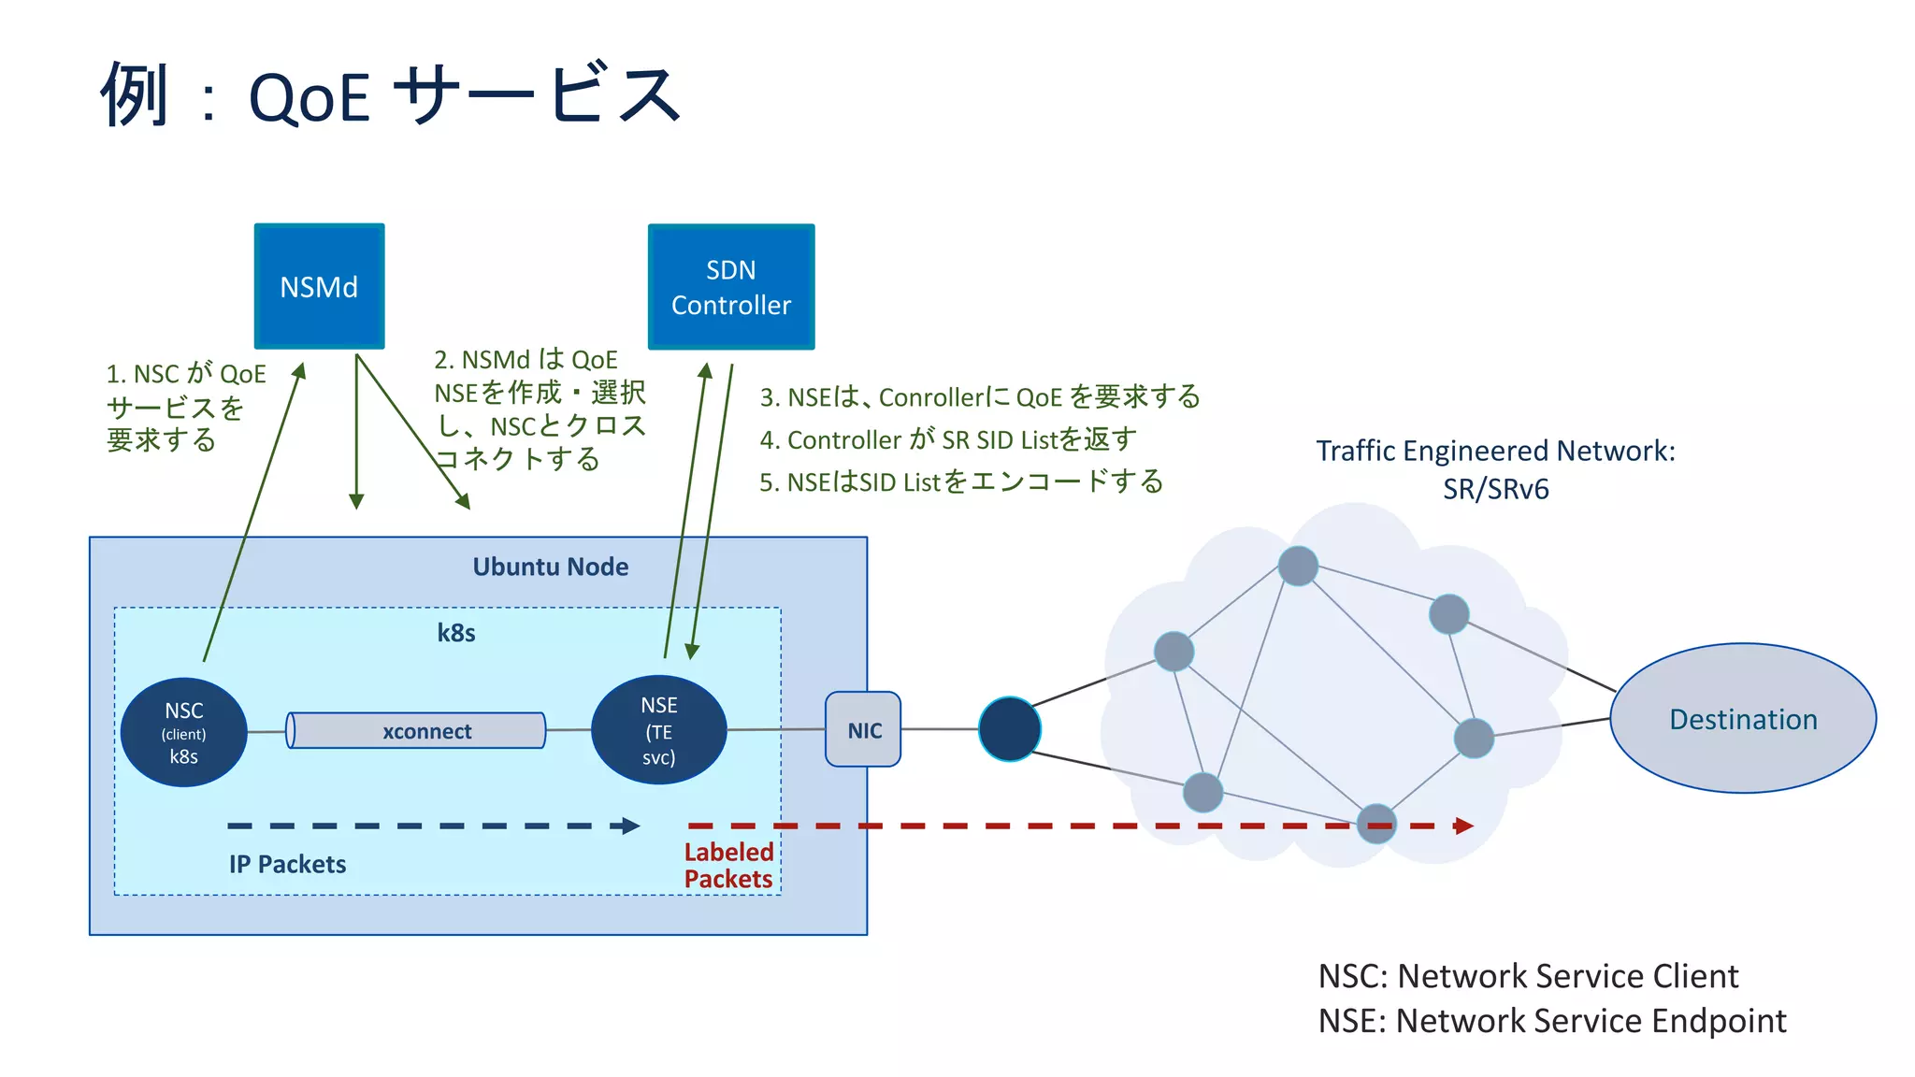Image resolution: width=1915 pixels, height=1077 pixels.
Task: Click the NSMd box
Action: click(319, 286)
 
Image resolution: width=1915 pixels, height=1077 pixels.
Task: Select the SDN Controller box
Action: click(730, 287)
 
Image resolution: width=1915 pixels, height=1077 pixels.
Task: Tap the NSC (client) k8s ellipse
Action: click(184, 732)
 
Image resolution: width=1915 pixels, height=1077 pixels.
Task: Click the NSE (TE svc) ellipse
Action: click(659, 730)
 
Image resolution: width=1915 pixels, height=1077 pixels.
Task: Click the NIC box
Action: click(863, 730)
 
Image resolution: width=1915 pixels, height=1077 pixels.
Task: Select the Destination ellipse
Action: click(1742, 718)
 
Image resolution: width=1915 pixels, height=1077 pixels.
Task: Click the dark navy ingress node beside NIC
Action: click(1009, 728)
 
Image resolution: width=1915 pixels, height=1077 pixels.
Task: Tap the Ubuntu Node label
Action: click(550, 567)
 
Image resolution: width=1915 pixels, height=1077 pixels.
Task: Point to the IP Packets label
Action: click(287, 864)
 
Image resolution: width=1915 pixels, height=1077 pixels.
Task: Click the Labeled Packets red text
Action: click(728, 865)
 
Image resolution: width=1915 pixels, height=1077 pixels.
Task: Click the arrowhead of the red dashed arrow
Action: click(1464, 826)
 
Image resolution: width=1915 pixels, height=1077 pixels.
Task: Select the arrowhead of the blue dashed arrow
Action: click(631, 826)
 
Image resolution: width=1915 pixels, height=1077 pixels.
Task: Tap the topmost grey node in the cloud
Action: click(1298, 566)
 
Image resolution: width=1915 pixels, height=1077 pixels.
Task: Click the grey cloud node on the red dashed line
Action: click(1376, 823)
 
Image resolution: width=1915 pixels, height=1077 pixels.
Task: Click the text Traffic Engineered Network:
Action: click(1495, 451)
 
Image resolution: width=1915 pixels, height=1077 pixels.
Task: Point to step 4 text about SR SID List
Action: click(948, 439)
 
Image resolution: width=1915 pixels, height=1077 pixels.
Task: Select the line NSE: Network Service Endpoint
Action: click(1551, 1021)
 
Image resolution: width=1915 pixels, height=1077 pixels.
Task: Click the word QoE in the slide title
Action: click(309, 98)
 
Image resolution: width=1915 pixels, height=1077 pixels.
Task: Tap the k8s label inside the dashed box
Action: click(456, 633)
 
